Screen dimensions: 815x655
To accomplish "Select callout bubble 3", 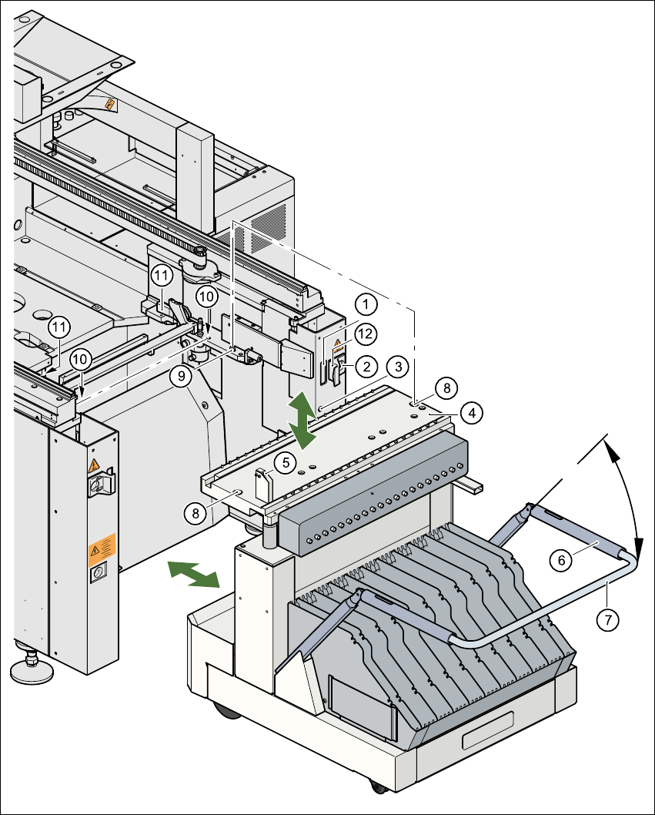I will click(396, 364).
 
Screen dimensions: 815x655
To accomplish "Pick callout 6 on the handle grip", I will click(562, 561).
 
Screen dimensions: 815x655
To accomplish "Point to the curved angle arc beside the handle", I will click(630, 493).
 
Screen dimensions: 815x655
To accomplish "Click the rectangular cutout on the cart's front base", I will click(487, 729).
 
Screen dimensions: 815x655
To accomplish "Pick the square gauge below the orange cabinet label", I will click(98, 575).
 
